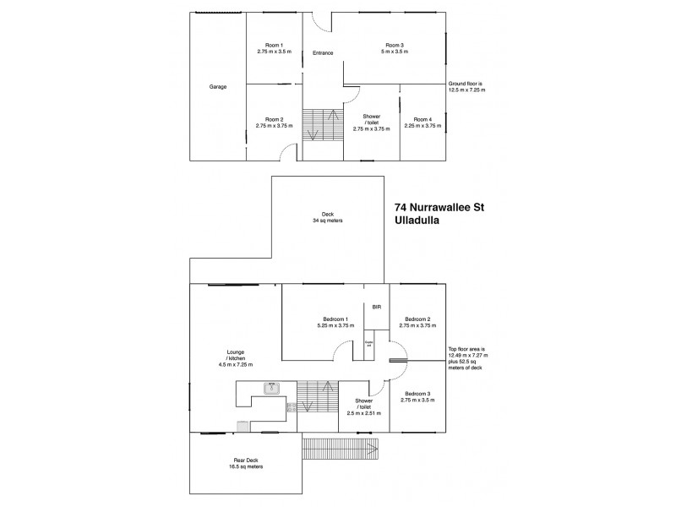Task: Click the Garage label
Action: point(217,86)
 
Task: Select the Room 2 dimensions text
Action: point(274,126)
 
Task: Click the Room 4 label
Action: point(422,119)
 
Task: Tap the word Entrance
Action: point(323,53)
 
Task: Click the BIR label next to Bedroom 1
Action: point(377,306)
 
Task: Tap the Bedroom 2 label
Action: point(418,319)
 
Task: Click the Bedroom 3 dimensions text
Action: point(418,400)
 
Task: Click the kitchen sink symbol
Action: point(271,388)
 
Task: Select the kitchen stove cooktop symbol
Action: point(292,408)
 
